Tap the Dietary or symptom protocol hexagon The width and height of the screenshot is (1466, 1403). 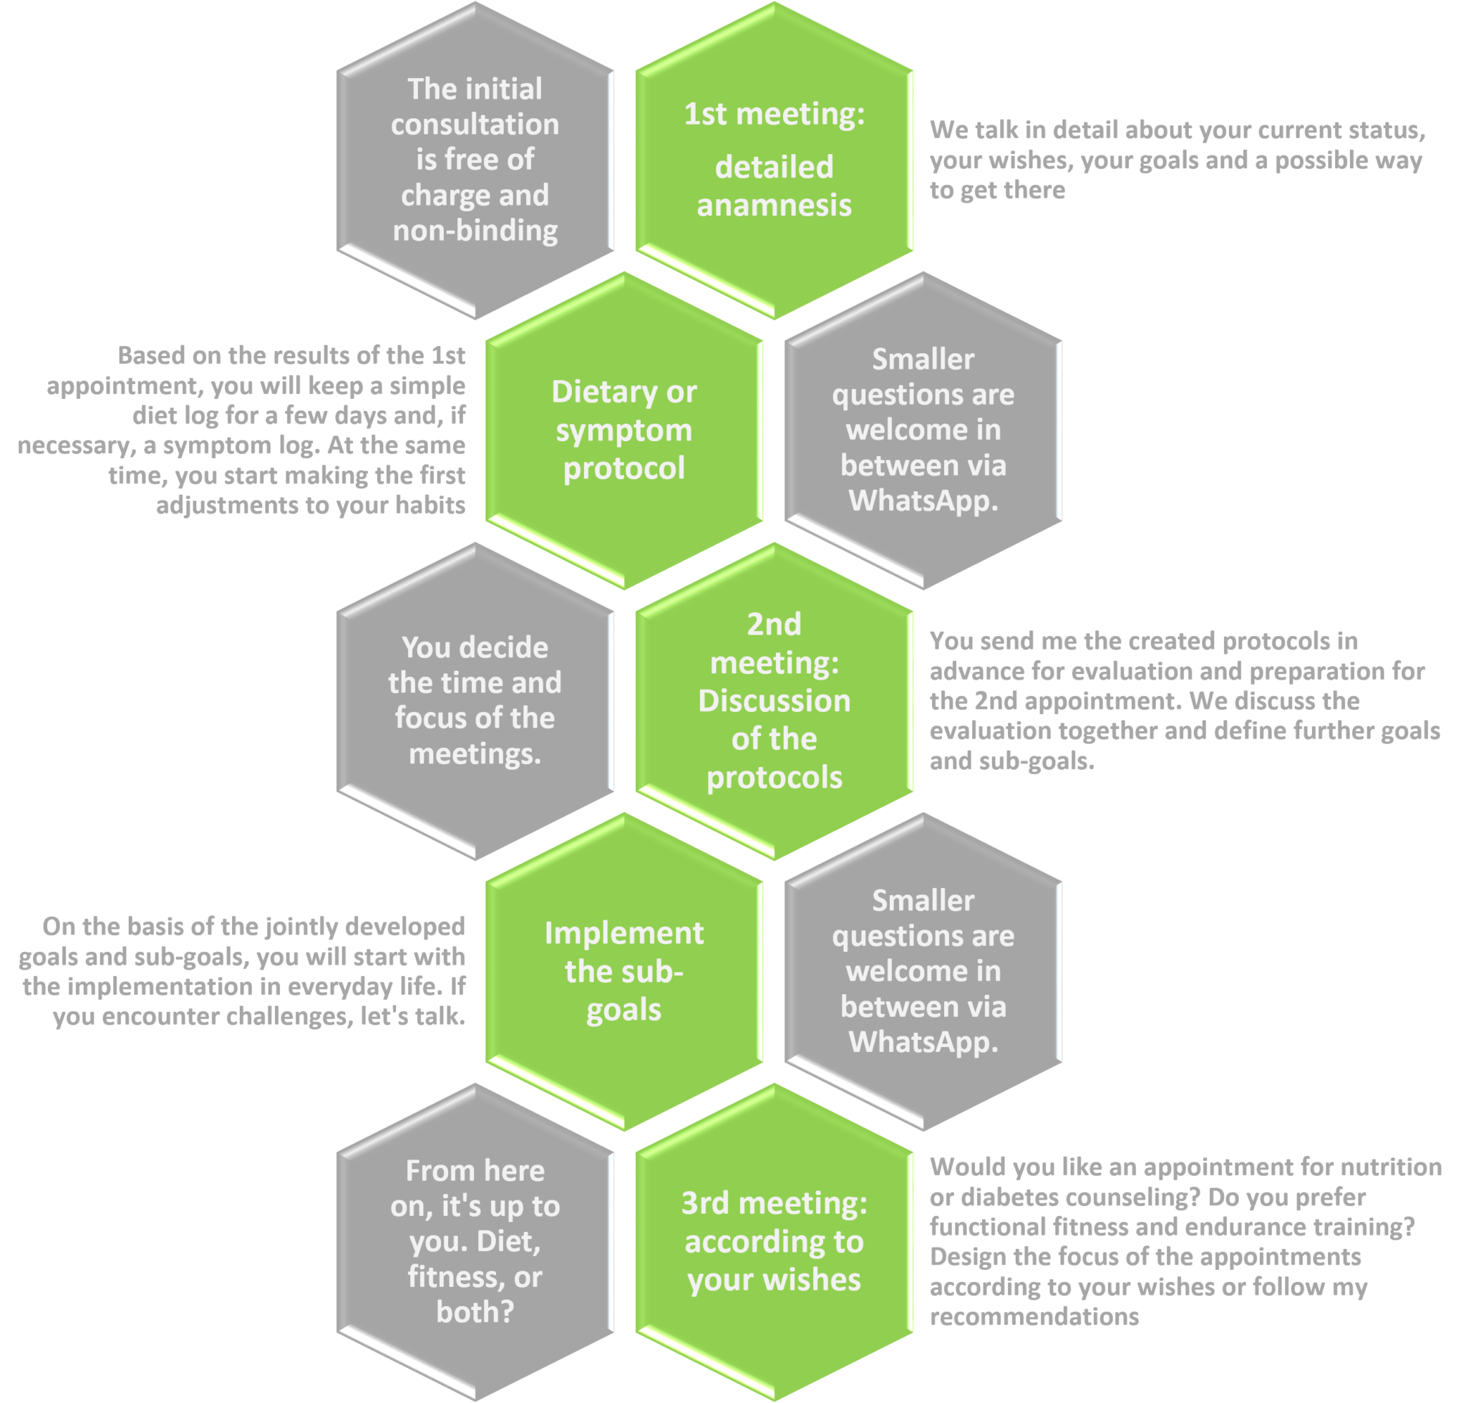[x=623, y=430]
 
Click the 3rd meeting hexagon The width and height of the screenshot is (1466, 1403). [x=774, y=1241]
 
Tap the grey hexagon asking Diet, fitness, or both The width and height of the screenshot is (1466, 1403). [x=475, y=1241]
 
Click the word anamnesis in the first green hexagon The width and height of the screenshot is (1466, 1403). [x=774, y=205]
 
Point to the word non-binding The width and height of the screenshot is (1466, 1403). [x=475, y=231]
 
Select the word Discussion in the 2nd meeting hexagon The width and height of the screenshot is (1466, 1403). [x=774, y=700]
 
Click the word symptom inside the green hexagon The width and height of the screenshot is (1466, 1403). [x=623, y=430]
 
